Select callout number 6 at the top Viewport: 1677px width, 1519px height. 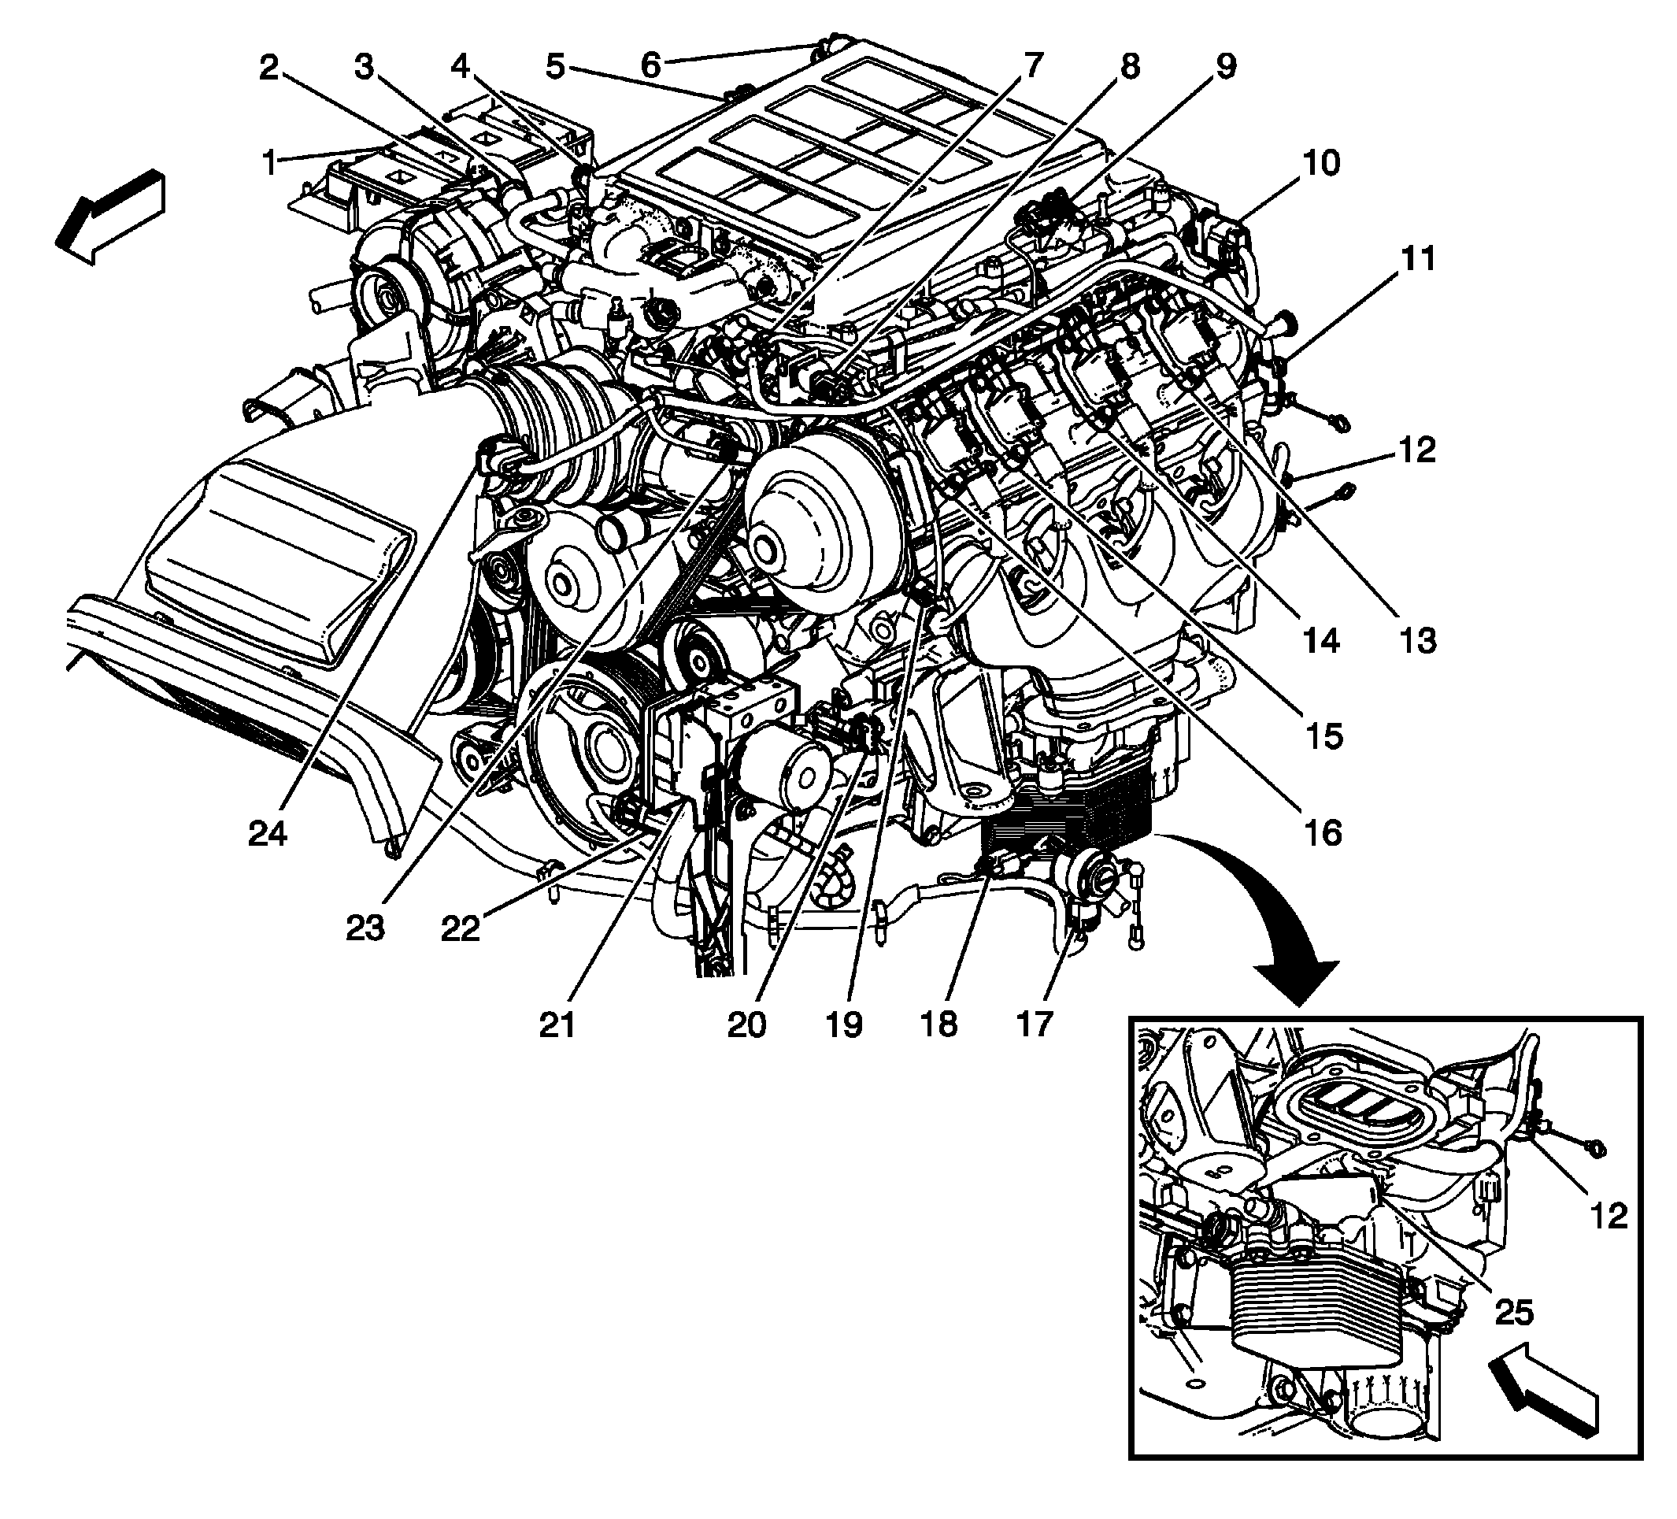click(x=651, y=65)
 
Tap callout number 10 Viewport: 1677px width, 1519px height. click(x=1320, y=163)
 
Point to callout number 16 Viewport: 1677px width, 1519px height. click(x=1323, y=832)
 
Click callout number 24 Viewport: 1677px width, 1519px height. click(x=268, y=832)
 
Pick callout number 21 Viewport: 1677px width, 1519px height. click(x=557, y=1024)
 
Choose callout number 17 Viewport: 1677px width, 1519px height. click(x=1034, y=1024)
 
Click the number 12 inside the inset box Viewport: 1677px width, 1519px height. click(x=1608, y=1216)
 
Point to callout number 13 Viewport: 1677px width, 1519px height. click(x=1417, y=640)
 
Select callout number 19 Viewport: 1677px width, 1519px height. click(x=843, y=1024)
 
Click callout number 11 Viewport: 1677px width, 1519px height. click(x=1417, y=260)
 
